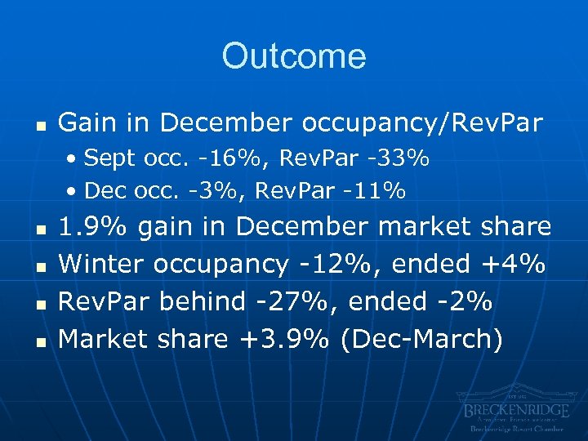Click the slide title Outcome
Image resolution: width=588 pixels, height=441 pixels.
click(x=293, y=56)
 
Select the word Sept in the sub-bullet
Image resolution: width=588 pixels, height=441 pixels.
click(x=104, y=158)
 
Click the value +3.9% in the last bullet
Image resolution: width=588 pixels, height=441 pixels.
click(x=277, y=338)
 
